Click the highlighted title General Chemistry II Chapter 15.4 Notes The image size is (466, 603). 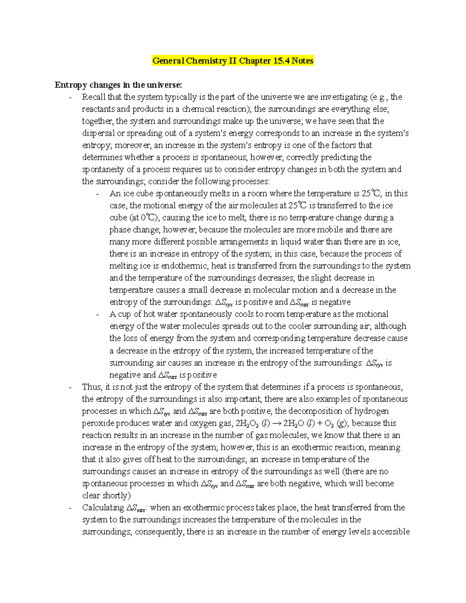tap(233, 61)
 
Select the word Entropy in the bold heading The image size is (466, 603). tap(71, 85)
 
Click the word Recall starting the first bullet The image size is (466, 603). tap(94, 97)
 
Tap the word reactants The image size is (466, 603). tap(98, 109)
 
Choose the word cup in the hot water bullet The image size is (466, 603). tap(125, 314)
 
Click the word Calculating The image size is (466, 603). tap(103, 507)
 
